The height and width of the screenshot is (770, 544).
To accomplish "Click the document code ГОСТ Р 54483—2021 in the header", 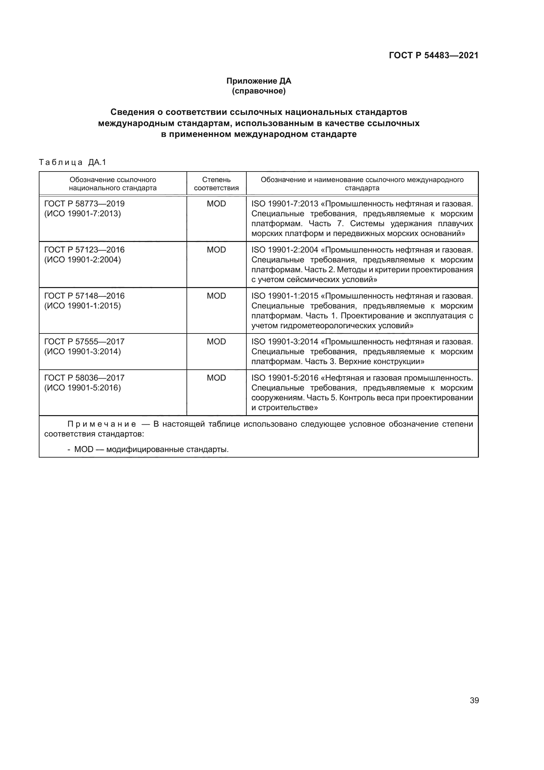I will pyautogui.click(x=433, y=55).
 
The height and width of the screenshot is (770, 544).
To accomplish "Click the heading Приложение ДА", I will pyautogui.click(x=259, y=81).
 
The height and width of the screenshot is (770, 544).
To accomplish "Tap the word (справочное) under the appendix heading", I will pyautogui.click(x=259, y=91).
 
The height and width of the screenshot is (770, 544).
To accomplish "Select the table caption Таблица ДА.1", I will pyautogui.click(x=72, y=163).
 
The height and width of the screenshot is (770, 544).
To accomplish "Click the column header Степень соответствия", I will pyautogui.click(x=216, y=184).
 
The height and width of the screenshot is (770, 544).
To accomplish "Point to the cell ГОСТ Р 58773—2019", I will pyautogui.click(x=84, y=204).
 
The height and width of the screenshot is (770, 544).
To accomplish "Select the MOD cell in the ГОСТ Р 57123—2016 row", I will pyautogui.click(x=216, y=250).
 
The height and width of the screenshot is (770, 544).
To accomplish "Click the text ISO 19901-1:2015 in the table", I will pyautogui.click(x=284, y=296).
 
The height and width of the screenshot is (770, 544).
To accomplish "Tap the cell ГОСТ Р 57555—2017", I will pyautogui.click(x=84, y=342).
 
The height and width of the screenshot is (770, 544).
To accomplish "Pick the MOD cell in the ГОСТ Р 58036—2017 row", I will pyautogui.click(x=216, y=378).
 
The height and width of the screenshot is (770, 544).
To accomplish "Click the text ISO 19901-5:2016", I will pyautogui.click(x=284, y=378).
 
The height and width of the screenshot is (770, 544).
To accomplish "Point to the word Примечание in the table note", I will pyautogui.click(x=102, y=424).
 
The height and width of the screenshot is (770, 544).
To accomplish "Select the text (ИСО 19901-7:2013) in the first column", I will pyautogui.click(x=83, y=214).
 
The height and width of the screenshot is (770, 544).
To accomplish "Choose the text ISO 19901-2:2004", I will pyautogui.click(x=284, y=250).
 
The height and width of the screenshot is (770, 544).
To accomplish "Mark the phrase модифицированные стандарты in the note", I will pyautogui.click(x=167, y=449).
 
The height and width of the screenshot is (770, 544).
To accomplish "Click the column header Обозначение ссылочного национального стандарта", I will pyautogui.click(x=112, y=184).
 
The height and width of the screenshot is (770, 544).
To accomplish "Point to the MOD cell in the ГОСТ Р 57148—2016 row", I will pyautogui.click(x=216, y=296).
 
